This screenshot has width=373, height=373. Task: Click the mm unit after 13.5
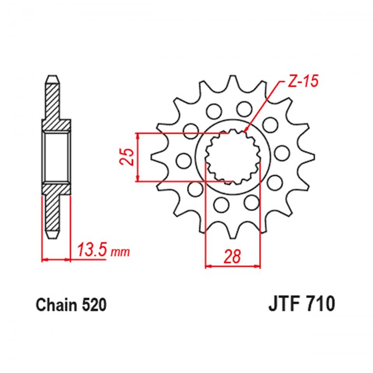point(121,253)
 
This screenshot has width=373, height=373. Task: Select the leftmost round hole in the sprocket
point(181,159)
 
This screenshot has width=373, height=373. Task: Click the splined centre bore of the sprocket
point(232,157)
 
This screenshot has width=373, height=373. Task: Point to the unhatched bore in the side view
point(56,157)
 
